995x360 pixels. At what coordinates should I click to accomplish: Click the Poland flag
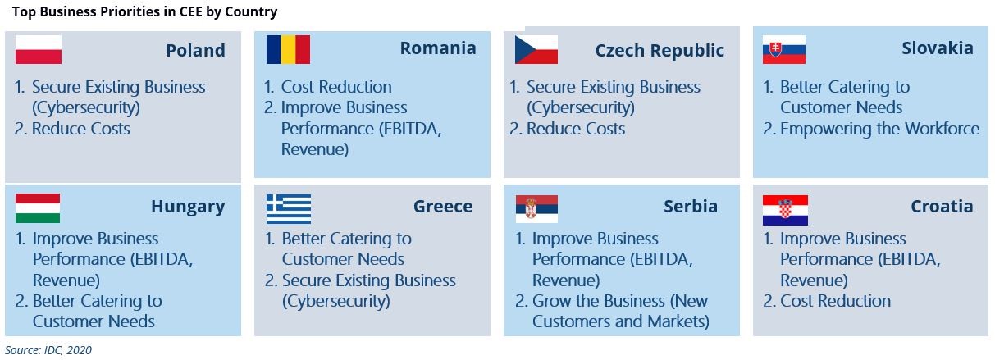coord(39,50)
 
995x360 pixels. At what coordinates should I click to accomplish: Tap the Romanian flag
coord(288,50)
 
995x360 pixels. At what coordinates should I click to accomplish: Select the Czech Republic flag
coord(536,50)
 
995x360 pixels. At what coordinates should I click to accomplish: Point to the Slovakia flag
coord(784,50)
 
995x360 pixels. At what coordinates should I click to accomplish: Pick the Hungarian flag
coord(37,208)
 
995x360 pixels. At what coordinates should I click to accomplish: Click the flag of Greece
coord(289,208)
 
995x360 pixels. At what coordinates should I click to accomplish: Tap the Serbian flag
coord(536,208)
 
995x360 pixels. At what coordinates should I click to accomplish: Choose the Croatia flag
coord(785,210)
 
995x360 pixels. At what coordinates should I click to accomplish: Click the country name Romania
coord(438,48)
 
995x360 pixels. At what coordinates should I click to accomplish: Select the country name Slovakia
coord(938,48)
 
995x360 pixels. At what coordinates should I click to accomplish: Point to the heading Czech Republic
coord(660,51)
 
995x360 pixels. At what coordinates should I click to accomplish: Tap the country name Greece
coord(443,207)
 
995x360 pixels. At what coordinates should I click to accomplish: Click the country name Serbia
coord(691,207)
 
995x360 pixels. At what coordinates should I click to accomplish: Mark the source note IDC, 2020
coord(68,350)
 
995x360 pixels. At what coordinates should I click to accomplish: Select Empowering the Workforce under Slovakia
coord(879,129)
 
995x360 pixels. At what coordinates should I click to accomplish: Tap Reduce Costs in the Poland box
coord(81,129)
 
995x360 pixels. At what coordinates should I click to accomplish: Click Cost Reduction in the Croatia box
coord(836,301)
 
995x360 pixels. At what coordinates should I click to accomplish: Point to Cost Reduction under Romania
coord(336,87)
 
